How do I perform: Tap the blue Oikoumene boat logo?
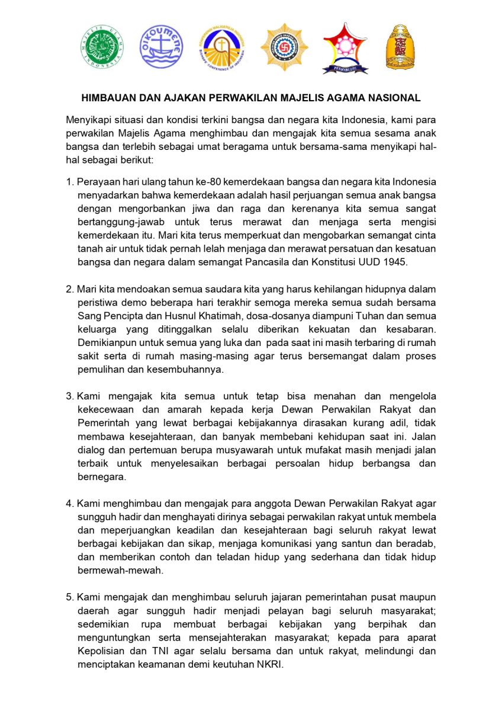(x=161, y=47)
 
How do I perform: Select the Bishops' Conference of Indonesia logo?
(x=222, y=47)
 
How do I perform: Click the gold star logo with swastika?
(x=284, y=47)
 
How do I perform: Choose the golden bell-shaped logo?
(x=400, y=47)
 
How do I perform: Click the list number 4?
(x=69, y=504)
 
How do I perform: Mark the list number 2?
(x=69, y=289)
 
